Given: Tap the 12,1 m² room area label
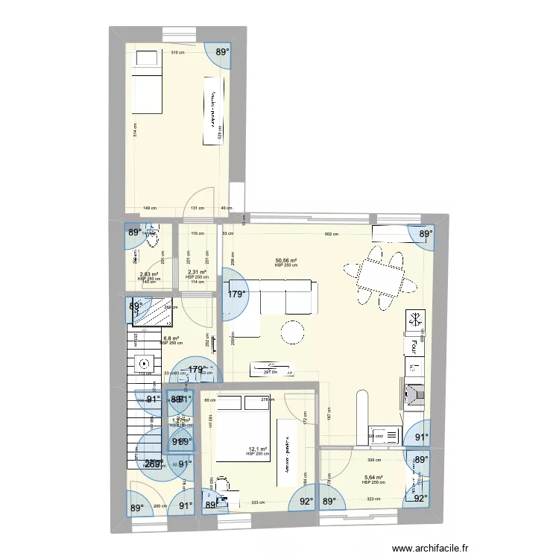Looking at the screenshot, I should [x=257, y=449].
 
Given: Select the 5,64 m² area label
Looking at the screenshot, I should [x=373, y=478].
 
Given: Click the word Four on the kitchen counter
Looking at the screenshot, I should [x=412, y=347].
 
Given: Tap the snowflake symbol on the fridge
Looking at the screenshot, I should [x=414, y=320].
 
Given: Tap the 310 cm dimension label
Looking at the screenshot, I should [x=177, y=53].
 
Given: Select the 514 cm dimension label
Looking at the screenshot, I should [x=135, y=130].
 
